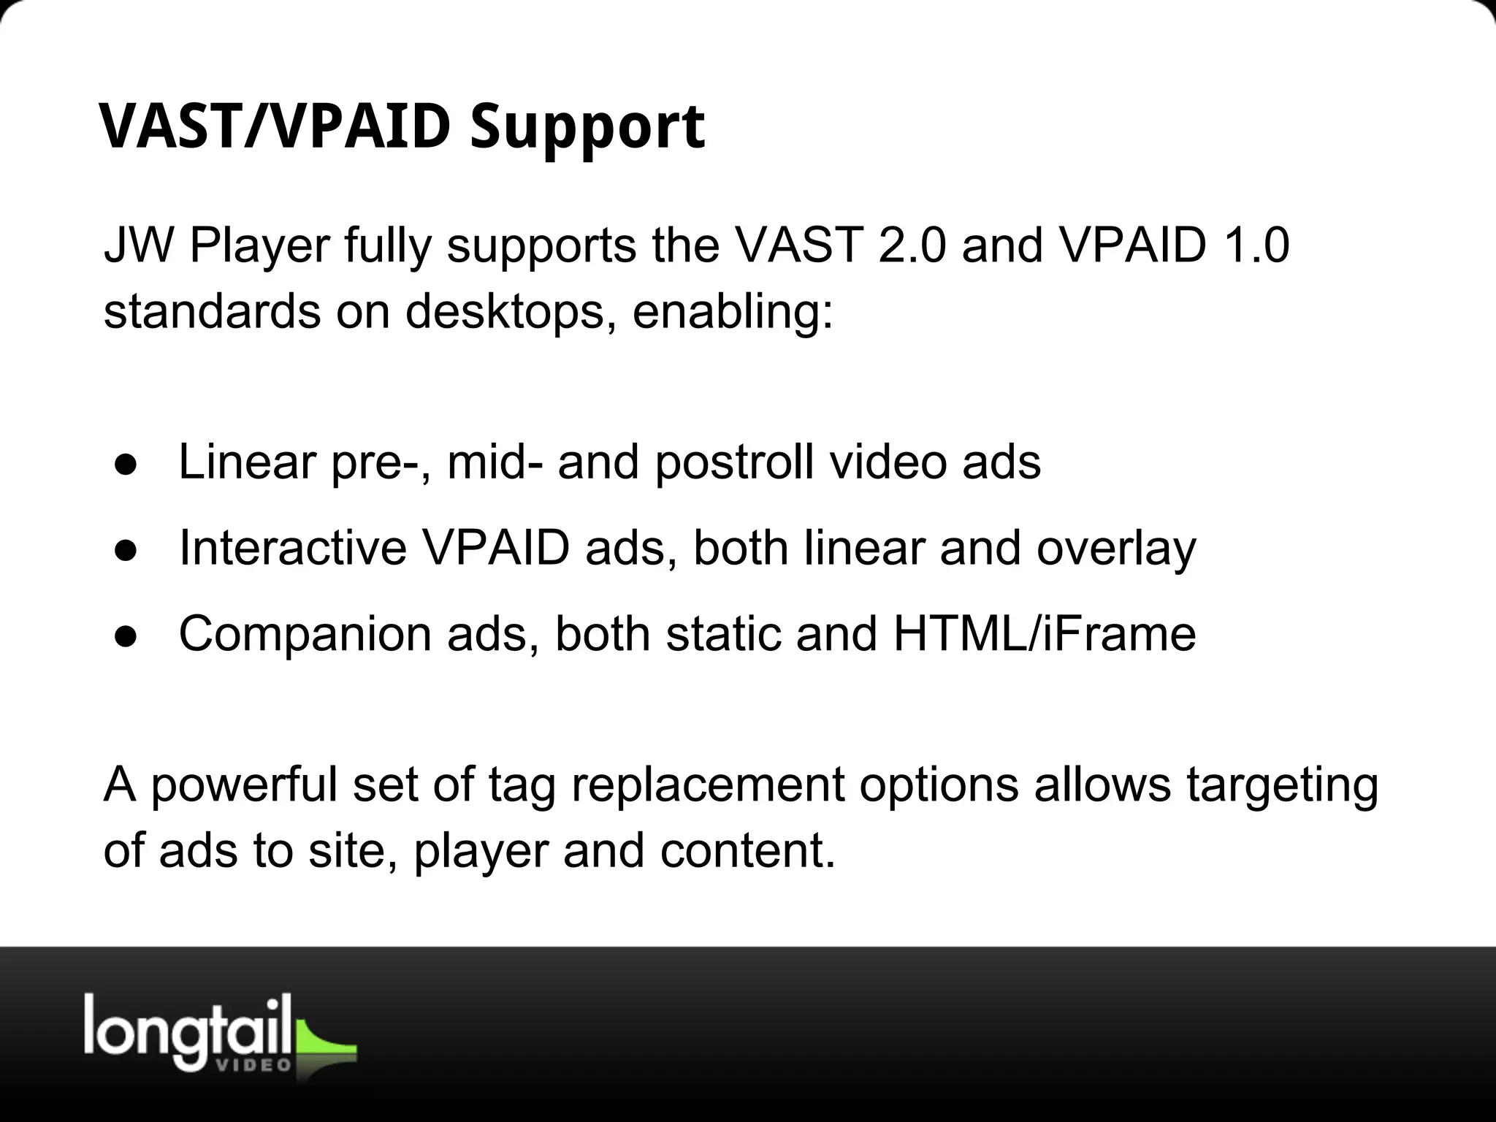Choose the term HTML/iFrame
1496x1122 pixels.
(x=1045, y=633)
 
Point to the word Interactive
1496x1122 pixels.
(x=292, y=548)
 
